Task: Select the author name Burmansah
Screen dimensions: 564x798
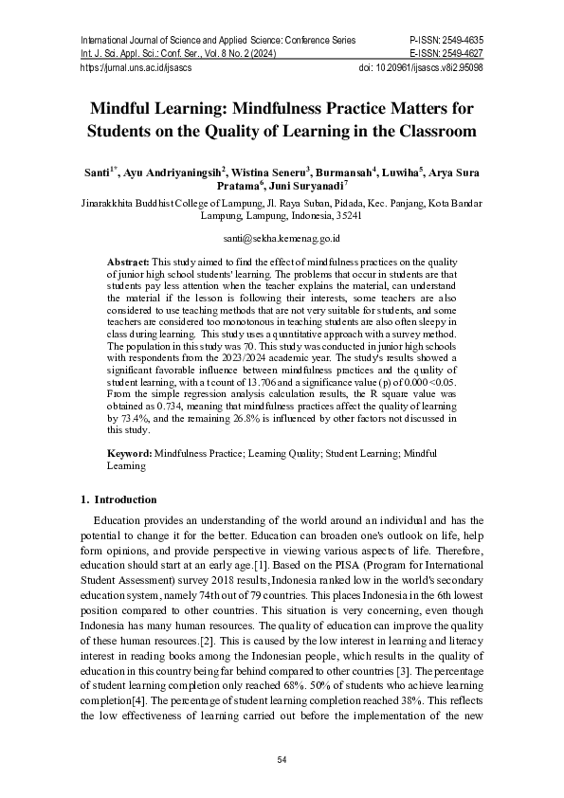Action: coord(344,173)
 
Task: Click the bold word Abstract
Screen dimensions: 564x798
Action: coord(128,260)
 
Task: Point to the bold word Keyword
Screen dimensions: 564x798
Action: coord(129,455)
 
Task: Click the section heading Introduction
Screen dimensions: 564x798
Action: coord(125,499)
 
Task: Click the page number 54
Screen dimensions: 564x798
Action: coord(282,760)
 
